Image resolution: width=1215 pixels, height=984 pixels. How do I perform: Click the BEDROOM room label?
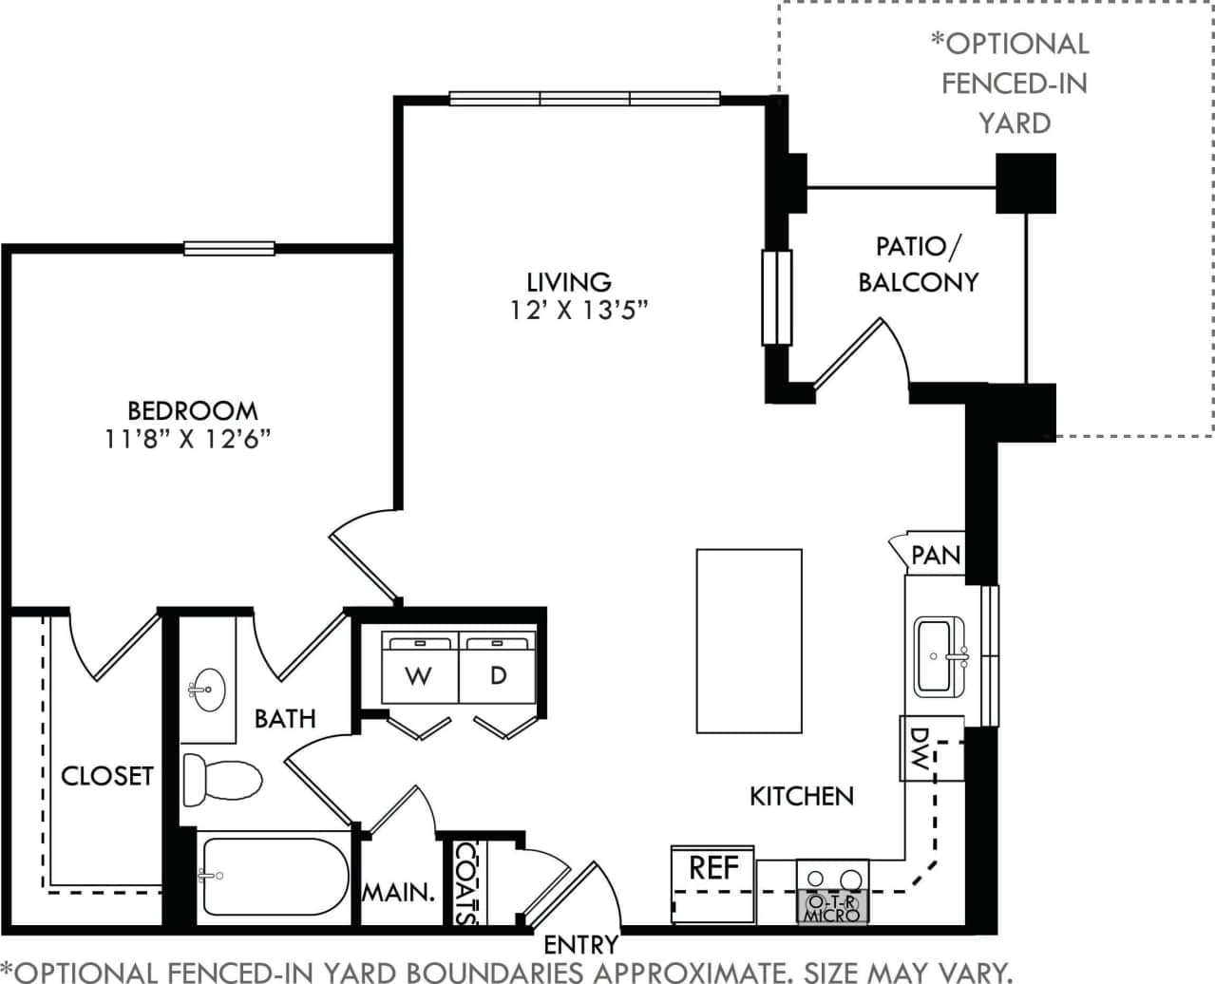tap(192, 410)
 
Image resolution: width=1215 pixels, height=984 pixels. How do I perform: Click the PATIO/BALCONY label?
tap(918, 264)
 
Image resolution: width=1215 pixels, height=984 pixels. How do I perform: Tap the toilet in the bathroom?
tap(221, 780)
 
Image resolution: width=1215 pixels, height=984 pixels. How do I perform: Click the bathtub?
tap(273, 876)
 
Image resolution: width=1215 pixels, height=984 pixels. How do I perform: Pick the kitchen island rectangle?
tap(749, 640)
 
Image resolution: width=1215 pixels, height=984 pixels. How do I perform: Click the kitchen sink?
tap(940, 655)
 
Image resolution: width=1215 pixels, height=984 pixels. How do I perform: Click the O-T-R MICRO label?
tap(832, 908)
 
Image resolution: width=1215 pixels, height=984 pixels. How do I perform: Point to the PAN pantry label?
tap(935, 555)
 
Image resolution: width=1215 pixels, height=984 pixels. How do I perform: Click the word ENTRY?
tap(580, 945)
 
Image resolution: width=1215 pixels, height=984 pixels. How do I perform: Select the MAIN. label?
tap(398, 893)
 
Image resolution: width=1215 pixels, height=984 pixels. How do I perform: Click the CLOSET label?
tap(106, 776)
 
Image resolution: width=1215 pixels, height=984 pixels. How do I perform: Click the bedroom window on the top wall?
tap(229, 249)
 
